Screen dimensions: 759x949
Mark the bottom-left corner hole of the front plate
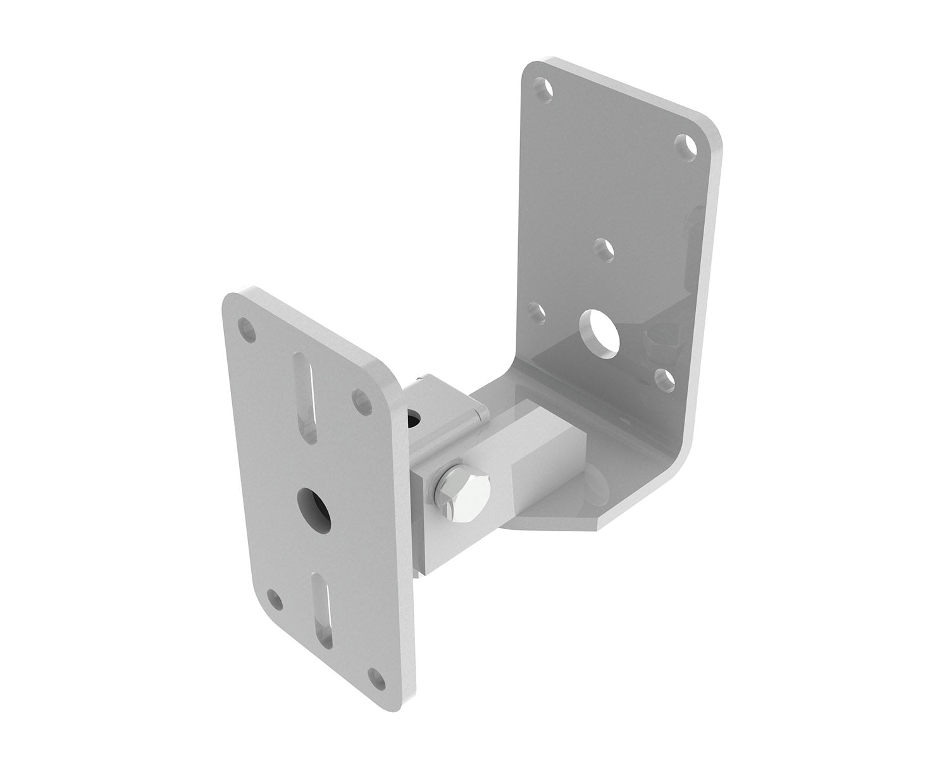[273, 596]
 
